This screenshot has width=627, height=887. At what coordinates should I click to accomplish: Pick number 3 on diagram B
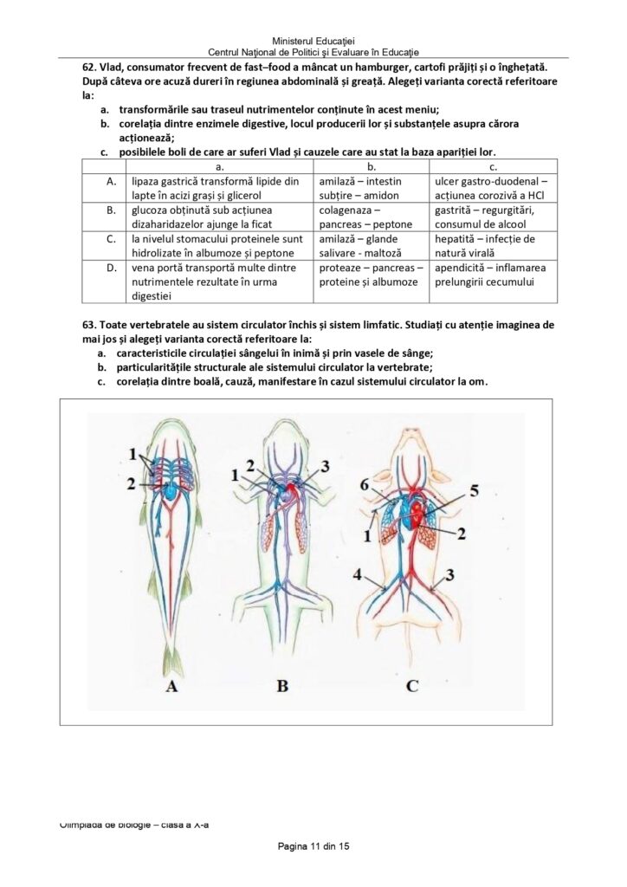pyautogui.click(x=325, y=466)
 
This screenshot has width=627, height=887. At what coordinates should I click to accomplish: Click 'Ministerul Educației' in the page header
pyautogui.click(x=313, y=41)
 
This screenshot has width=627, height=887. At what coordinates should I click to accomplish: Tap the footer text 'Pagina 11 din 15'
pyautogui.click(x=313, y=845)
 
